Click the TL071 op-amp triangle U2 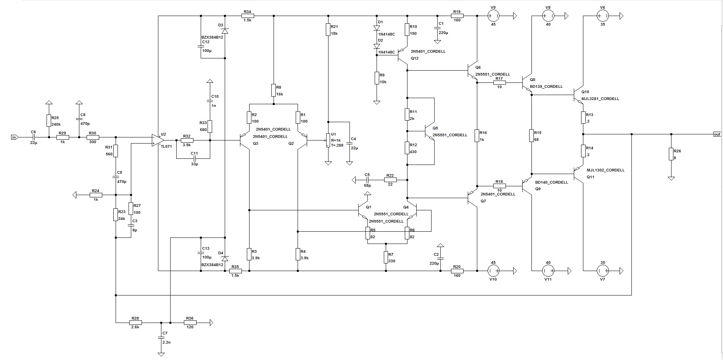(x=156, y=140)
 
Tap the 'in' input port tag (x=14, y=137)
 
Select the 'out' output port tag (x=717, y=134)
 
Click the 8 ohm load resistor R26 (x=671, y=154)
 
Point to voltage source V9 (x=493, y=16)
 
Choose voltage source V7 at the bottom (x=602, y=271)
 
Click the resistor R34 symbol (x=248, y=16)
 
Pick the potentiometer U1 (x=328, y=140)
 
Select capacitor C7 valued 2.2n (x=161, y=337)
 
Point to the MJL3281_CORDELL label (x=600, y=99)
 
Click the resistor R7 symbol (x=386, y=257)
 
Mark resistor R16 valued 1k (x=477, y=136)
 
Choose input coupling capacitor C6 (x=34, y=137)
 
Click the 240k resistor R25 (x=49, y=121)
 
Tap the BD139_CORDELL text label (x=546, y=87)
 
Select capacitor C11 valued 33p (x=194, y=158)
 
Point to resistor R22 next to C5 (x=390, y=179)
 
